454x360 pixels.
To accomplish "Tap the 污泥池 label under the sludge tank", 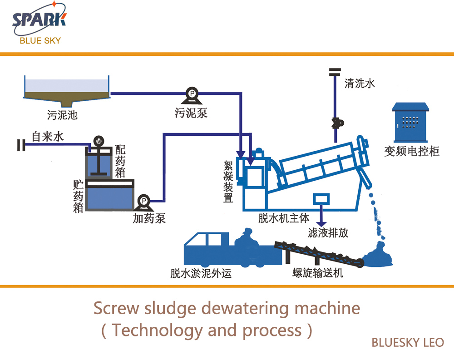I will click(x=62, y=114).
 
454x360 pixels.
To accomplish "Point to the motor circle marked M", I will click(x=98, y=140).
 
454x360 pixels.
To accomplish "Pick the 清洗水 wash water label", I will click(x=360, y=84).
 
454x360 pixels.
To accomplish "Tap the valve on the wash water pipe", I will click(x=336, y=122).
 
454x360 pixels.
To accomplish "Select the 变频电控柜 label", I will click(x=412, y=151).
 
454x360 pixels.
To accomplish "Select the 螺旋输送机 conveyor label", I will click(x=318, y=273).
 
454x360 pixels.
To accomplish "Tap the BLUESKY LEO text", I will click(x=407, y=343).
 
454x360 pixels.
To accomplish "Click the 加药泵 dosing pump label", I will click(x=149, y=218).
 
